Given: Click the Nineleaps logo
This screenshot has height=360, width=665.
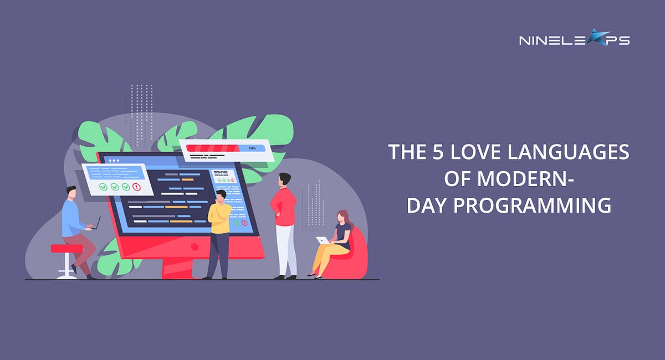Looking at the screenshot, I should (574, 39).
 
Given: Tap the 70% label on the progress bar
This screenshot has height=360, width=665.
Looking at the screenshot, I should (252, 148).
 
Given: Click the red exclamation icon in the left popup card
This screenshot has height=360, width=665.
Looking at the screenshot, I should (136, 187).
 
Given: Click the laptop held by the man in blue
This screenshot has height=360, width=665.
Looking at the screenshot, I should (96, 223).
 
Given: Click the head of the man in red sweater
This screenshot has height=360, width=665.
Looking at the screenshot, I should (285, 179).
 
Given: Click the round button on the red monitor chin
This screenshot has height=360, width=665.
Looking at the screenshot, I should (195, 246).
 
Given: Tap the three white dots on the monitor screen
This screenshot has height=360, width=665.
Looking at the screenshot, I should (114, 160).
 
